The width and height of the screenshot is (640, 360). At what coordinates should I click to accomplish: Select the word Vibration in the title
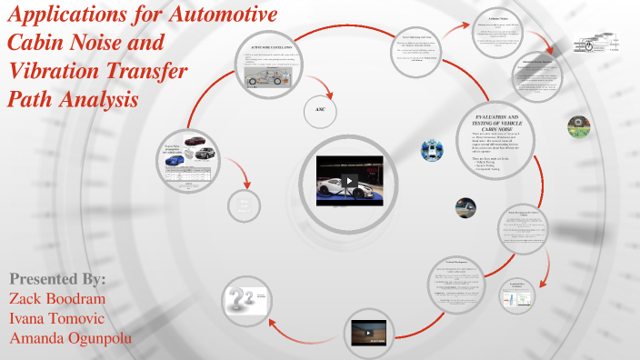[x=66, y=72]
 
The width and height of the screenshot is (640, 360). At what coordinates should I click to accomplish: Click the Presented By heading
[x=57, y=278]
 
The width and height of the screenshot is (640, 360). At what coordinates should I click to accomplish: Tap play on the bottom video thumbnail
[x=370, y=332]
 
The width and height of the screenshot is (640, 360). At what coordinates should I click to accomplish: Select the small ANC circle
[x=320, y=109]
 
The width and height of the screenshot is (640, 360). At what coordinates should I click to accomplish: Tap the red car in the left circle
[x=195, y=142]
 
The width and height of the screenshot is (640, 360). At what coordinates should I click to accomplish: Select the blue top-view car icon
[x=434, y=151]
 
